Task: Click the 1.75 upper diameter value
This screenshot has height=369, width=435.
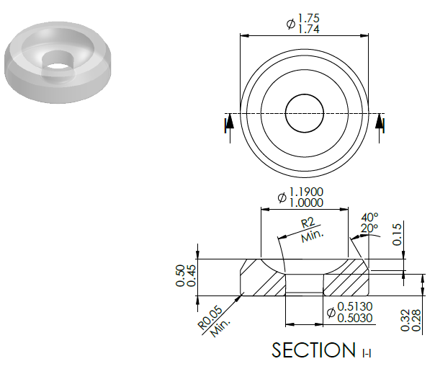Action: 309,18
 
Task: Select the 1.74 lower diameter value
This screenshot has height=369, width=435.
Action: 309,29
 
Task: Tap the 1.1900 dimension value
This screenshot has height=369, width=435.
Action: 306,192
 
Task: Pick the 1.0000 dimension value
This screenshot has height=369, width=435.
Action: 306,203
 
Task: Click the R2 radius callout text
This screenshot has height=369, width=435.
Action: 308,223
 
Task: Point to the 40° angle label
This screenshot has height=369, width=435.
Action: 369,217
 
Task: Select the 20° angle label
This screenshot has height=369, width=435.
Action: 369,228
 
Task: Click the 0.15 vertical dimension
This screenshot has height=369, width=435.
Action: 397,234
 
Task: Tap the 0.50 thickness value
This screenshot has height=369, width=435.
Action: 180,275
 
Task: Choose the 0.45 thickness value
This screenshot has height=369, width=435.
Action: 191,275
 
